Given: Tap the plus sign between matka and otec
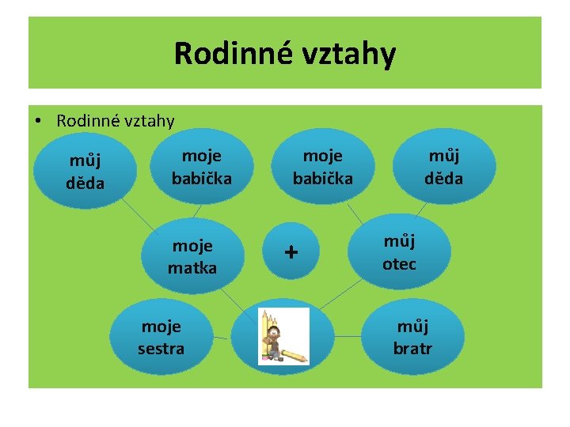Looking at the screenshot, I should [292, 252].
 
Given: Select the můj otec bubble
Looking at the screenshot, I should [399, 251].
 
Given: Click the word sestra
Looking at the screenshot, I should [161, 348].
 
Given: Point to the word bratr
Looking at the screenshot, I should [413, 348].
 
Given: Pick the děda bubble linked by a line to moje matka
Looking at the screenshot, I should [84, 172].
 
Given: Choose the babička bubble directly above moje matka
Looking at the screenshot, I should [202, 168].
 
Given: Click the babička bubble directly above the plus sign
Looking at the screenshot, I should [322, 168].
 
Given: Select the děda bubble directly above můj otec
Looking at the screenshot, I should [443, 168].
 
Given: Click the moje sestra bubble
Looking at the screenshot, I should [161, 337].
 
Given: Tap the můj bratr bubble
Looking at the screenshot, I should [413, 337].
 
